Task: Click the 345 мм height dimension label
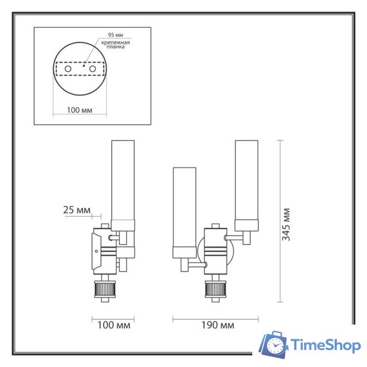click(287, 224)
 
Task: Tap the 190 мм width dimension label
click(218, 326)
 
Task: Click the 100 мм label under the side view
click(114, 326)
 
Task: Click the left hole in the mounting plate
click(68, 69)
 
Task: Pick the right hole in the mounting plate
click(90, 69)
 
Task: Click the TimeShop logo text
click(325, 345)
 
